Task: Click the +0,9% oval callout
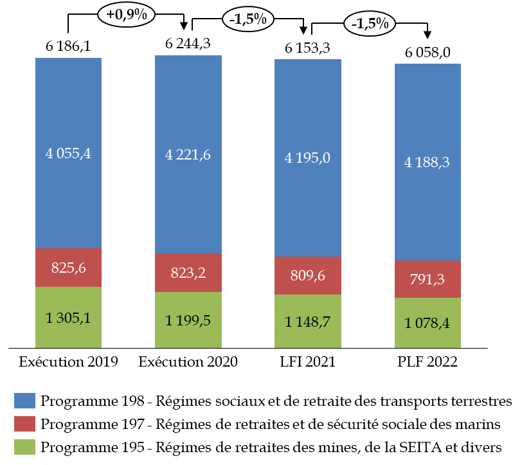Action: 126,15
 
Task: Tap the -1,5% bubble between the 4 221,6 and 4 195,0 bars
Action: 248,19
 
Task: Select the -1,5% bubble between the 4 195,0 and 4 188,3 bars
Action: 369,24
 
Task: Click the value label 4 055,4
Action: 68,154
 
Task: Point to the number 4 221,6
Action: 188,155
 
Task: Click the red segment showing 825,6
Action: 68,268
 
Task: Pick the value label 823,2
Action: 188,273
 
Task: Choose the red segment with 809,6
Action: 307,276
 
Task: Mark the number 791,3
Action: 427,280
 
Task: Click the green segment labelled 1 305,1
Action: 68,317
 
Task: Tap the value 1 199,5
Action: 188,320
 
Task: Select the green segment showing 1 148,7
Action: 307,322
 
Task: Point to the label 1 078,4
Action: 427,323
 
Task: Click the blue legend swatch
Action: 24,401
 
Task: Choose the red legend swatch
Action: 24,424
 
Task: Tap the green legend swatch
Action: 24,447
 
